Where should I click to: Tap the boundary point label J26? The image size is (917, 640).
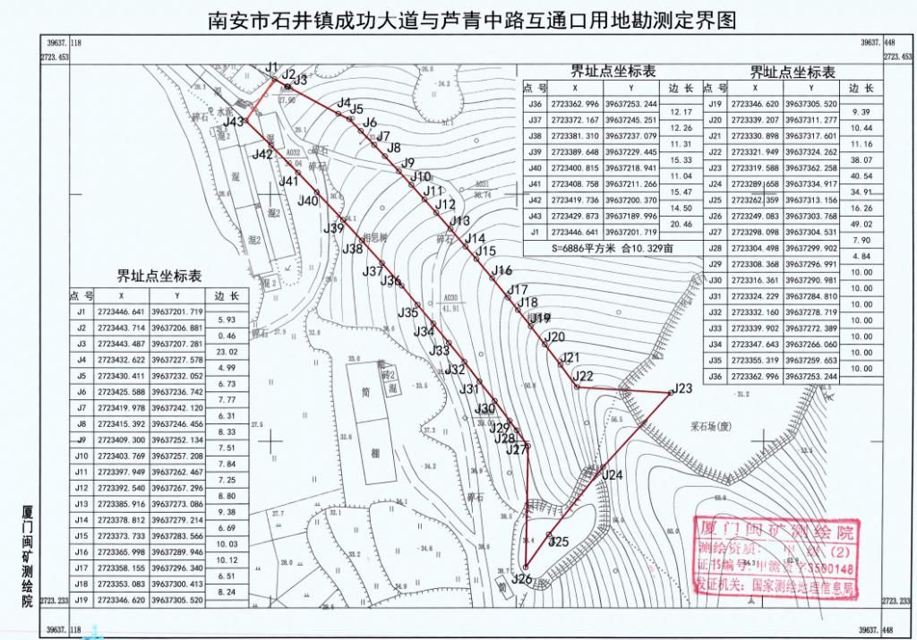523,580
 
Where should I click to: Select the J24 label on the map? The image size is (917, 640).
612,475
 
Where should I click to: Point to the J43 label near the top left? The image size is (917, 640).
234,122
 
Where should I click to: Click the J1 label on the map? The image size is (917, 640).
272,68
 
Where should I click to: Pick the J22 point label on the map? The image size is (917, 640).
583,375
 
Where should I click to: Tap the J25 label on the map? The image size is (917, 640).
559,541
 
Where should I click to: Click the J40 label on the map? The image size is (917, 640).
308,201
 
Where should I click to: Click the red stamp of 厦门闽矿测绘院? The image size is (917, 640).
776,557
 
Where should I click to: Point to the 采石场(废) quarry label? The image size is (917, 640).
712,427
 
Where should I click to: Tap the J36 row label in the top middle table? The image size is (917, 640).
535,104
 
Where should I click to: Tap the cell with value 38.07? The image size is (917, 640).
861,160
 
